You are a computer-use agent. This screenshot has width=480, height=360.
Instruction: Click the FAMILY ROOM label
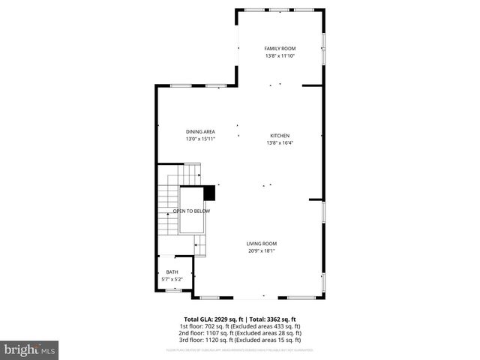click(x=280, y=49)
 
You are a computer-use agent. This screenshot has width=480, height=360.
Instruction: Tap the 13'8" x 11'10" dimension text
click(x=280, y=55)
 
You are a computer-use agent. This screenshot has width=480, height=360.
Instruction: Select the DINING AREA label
click(x=200, y=132)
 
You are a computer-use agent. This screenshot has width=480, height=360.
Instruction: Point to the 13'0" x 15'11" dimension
click(x=200, y=139)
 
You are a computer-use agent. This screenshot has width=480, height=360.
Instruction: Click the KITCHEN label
click(x=280, y=136)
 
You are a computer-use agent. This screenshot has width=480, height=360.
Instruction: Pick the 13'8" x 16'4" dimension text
click(x=280, y=143)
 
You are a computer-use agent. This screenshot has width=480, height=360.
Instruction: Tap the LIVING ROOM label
click(x=262, y=243)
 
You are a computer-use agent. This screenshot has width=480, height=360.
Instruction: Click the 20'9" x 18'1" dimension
click(x=262, y=250)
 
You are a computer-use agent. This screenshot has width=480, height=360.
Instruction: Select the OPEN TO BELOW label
click(x=191, y=211)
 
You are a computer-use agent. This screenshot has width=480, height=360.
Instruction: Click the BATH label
click(x=172, y=272)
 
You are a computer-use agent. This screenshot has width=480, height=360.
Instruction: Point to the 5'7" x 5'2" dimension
click(x=172, y=279)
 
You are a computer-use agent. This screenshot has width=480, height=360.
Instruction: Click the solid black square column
click(x=209, y=193)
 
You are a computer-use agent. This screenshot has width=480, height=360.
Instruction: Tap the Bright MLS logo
click(x=30, y=349)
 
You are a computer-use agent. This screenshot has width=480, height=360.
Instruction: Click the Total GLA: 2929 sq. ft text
click(x=213, y=319)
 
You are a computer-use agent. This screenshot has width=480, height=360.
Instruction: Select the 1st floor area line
click(x=239, y=326)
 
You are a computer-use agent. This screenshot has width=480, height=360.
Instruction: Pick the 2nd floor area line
click(x=239, y=333)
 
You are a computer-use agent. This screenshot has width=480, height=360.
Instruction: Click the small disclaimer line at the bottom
click(x=239, y=349)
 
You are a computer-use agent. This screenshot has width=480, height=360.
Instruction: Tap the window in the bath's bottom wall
click(x=173, y=289)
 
